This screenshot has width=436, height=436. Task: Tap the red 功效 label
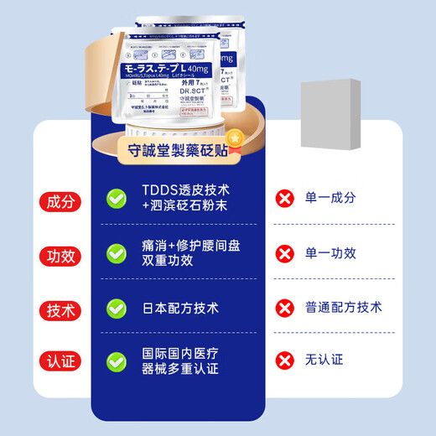(x=61, y=253)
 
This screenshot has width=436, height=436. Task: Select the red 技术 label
(x=61, y=309)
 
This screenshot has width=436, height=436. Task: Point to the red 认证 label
(x=61, y=362)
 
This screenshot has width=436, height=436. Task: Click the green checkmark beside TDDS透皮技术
(x=117, y=199)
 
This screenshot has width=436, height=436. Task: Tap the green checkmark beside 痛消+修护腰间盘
(x=117, y=253)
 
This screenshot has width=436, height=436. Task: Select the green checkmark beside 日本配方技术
(x=117, y=309)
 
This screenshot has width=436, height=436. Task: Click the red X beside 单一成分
(x=286, y=199)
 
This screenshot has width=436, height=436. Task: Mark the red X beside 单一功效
(x=286, y=253)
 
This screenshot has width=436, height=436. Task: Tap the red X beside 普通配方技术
(x=286, y=309)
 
